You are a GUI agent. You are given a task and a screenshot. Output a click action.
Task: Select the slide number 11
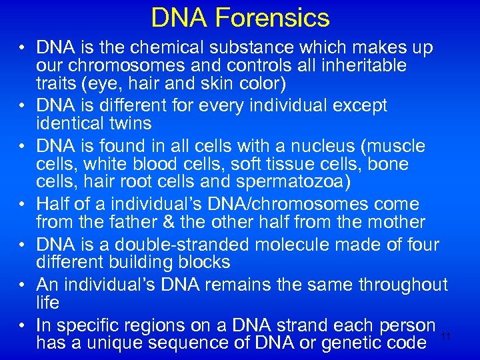(446, 335)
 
